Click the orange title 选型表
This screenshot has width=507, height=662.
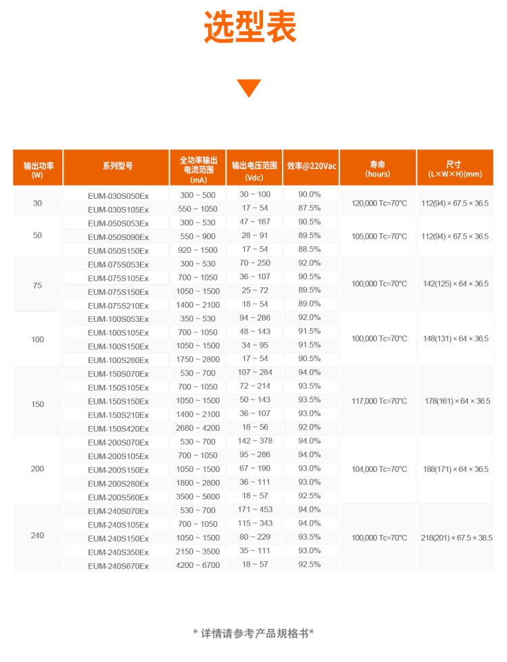[250, 28]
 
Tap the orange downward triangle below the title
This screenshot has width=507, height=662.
[249, 87]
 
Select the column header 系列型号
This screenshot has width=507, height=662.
[118, 166]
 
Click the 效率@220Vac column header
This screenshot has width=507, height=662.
[312, 166]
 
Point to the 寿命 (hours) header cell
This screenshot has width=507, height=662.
[377, 168]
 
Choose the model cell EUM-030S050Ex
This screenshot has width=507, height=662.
[118, 195]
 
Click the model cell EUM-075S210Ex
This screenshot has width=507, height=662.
[118, 306]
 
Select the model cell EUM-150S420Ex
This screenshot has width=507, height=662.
[118, 429]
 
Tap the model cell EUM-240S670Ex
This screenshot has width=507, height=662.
[118, 566]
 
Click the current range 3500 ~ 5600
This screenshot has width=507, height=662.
[198, 497]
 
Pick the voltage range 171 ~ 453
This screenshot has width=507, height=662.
[255, 511]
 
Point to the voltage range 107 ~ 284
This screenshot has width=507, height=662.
[255, 373]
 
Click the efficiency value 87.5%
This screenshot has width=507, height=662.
[310, 208]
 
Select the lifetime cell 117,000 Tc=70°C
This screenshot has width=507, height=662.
[379, 401]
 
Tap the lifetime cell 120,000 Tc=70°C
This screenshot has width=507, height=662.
[379, 202]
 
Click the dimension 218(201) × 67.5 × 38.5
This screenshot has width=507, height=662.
[455, 538]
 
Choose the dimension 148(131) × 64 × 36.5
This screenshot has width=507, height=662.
[455, 339]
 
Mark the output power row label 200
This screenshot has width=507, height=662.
[37, 469]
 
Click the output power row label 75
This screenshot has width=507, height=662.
[37, 285]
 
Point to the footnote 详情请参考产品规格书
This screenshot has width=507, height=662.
[254, 634]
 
